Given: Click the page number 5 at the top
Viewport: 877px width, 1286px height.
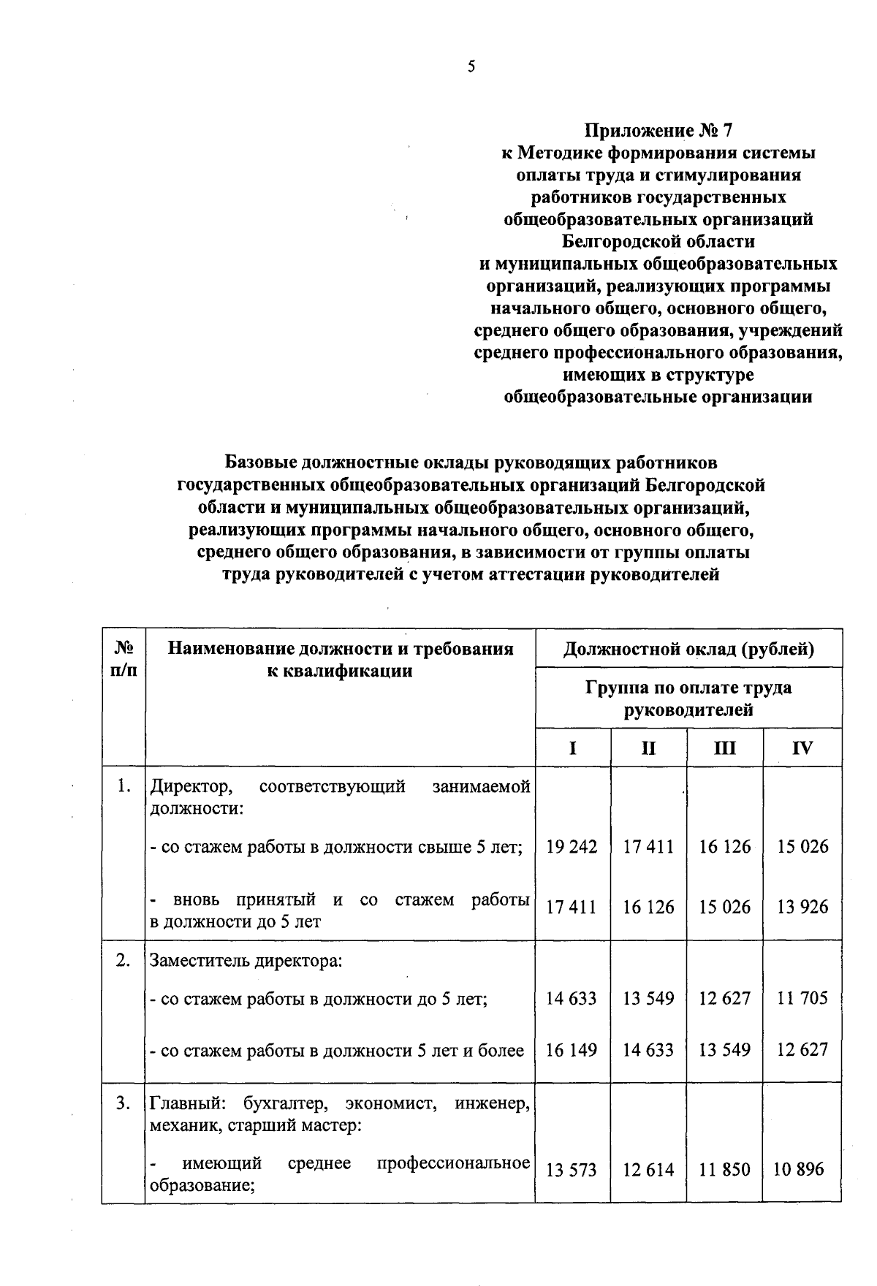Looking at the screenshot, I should coord(471,66).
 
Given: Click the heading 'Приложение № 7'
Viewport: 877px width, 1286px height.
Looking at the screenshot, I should coord(658,131).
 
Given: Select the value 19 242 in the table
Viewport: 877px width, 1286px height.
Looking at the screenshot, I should coord(572,847).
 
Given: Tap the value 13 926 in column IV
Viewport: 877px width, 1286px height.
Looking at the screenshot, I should coord(802,907).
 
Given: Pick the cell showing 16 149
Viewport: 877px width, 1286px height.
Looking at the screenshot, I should coord(572,1050).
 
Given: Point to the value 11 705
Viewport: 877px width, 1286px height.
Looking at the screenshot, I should coord(802,998).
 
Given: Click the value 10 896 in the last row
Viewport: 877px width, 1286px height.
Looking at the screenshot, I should coord(802,1170).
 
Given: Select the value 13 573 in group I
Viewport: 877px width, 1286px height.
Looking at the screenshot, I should coord(572,1170).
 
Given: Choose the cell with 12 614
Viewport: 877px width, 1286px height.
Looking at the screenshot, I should coord(648,1170).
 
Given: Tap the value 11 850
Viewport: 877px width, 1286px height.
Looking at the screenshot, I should coord(724,1170).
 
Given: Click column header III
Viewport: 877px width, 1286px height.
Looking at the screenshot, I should coord(724,748).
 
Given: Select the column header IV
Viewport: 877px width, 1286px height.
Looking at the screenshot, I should coord(802,748).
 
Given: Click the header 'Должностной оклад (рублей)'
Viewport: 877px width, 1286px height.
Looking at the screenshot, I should coord(688,648).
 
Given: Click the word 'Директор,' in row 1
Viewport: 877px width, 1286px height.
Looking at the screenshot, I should coord(191,787).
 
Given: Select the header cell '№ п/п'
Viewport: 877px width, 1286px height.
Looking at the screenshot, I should coord(124,659).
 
